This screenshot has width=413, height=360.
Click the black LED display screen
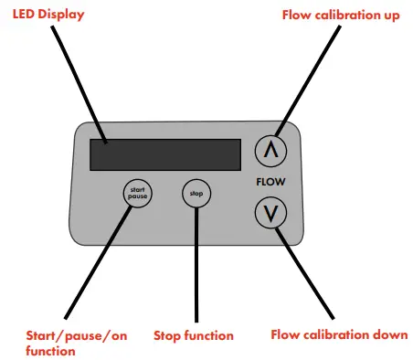(x=164, y=154)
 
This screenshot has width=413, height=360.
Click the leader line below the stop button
(x=195, y=265)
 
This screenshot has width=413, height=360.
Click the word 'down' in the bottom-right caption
(x=387, y=334)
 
